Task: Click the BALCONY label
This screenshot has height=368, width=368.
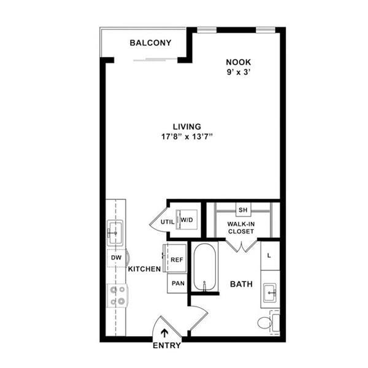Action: [x=150, y=43]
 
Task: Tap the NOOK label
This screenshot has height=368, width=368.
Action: [x=239, y=61]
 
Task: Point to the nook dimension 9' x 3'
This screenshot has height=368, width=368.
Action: [x=239, y=72]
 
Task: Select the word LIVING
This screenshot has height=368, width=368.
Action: [x=186, y=126]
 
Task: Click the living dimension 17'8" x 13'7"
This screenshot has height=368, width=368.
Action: [x=186, y=137]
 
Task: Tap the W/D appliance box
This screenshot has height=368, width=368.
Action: [x=186, y=219]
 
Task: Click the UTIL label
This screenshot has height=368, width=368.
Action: [x=167, y=222]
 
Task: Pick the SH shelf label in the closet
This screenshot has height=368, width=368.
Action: [x=242, y=210]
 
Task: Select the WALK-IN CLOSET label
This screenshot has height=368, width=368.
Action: [x=242, y=228]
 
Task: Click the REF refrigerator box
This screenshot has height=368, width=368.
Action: [x=177, y=259]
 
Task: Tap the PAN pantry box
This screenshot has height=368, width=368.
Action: [x=177, y=283]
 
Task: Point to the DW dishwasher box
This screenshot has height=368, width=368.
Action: [x=116, y=259]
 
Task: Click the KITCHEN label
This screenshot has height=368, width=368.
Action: [x=144, y=269]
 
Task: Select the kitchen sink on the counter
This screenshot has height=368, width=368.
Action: [x=115, y=231]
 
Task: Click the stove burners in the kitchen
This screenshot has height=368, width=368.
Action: [x=117, y=295]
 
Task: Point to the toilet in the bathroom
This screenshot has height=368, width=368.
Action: [x=266, y=322]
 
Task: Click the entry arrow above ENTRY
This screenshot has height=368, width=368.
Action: [x=164, y=334]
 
